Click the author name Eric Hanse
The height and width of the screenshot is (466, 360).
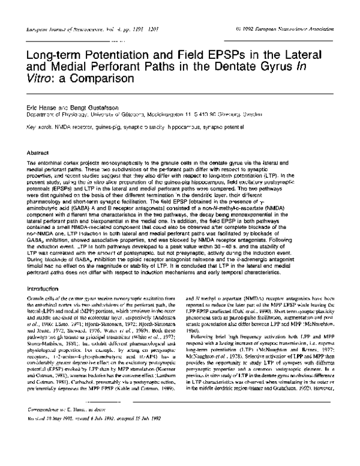[x=41, y=103]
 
